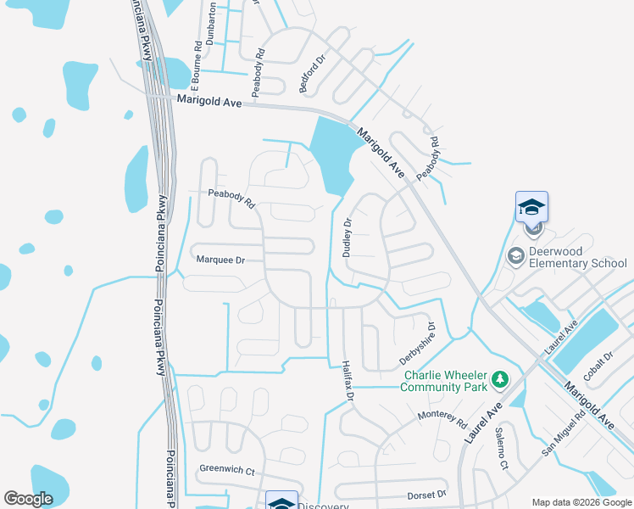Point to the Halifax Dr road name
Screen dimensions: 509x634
pos(347,378)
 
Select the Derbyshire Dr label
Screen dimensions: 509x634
pos(417,344)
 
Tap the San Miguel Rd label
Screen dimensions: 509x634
pos(564,433)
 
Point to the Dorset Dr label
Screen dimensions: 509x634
pos(426,494)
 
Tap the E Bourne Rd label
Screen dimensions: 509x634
pos(196,65)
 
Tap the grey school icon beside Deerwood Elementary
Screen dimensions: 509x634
pos(514,255)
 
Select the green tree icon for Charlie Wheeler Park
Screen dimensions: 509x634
pos(500,378)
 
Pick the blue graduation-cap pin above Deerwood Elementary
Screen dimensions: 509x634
pos(532,207)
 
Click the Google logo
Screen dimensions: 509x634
pos(28,499)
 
